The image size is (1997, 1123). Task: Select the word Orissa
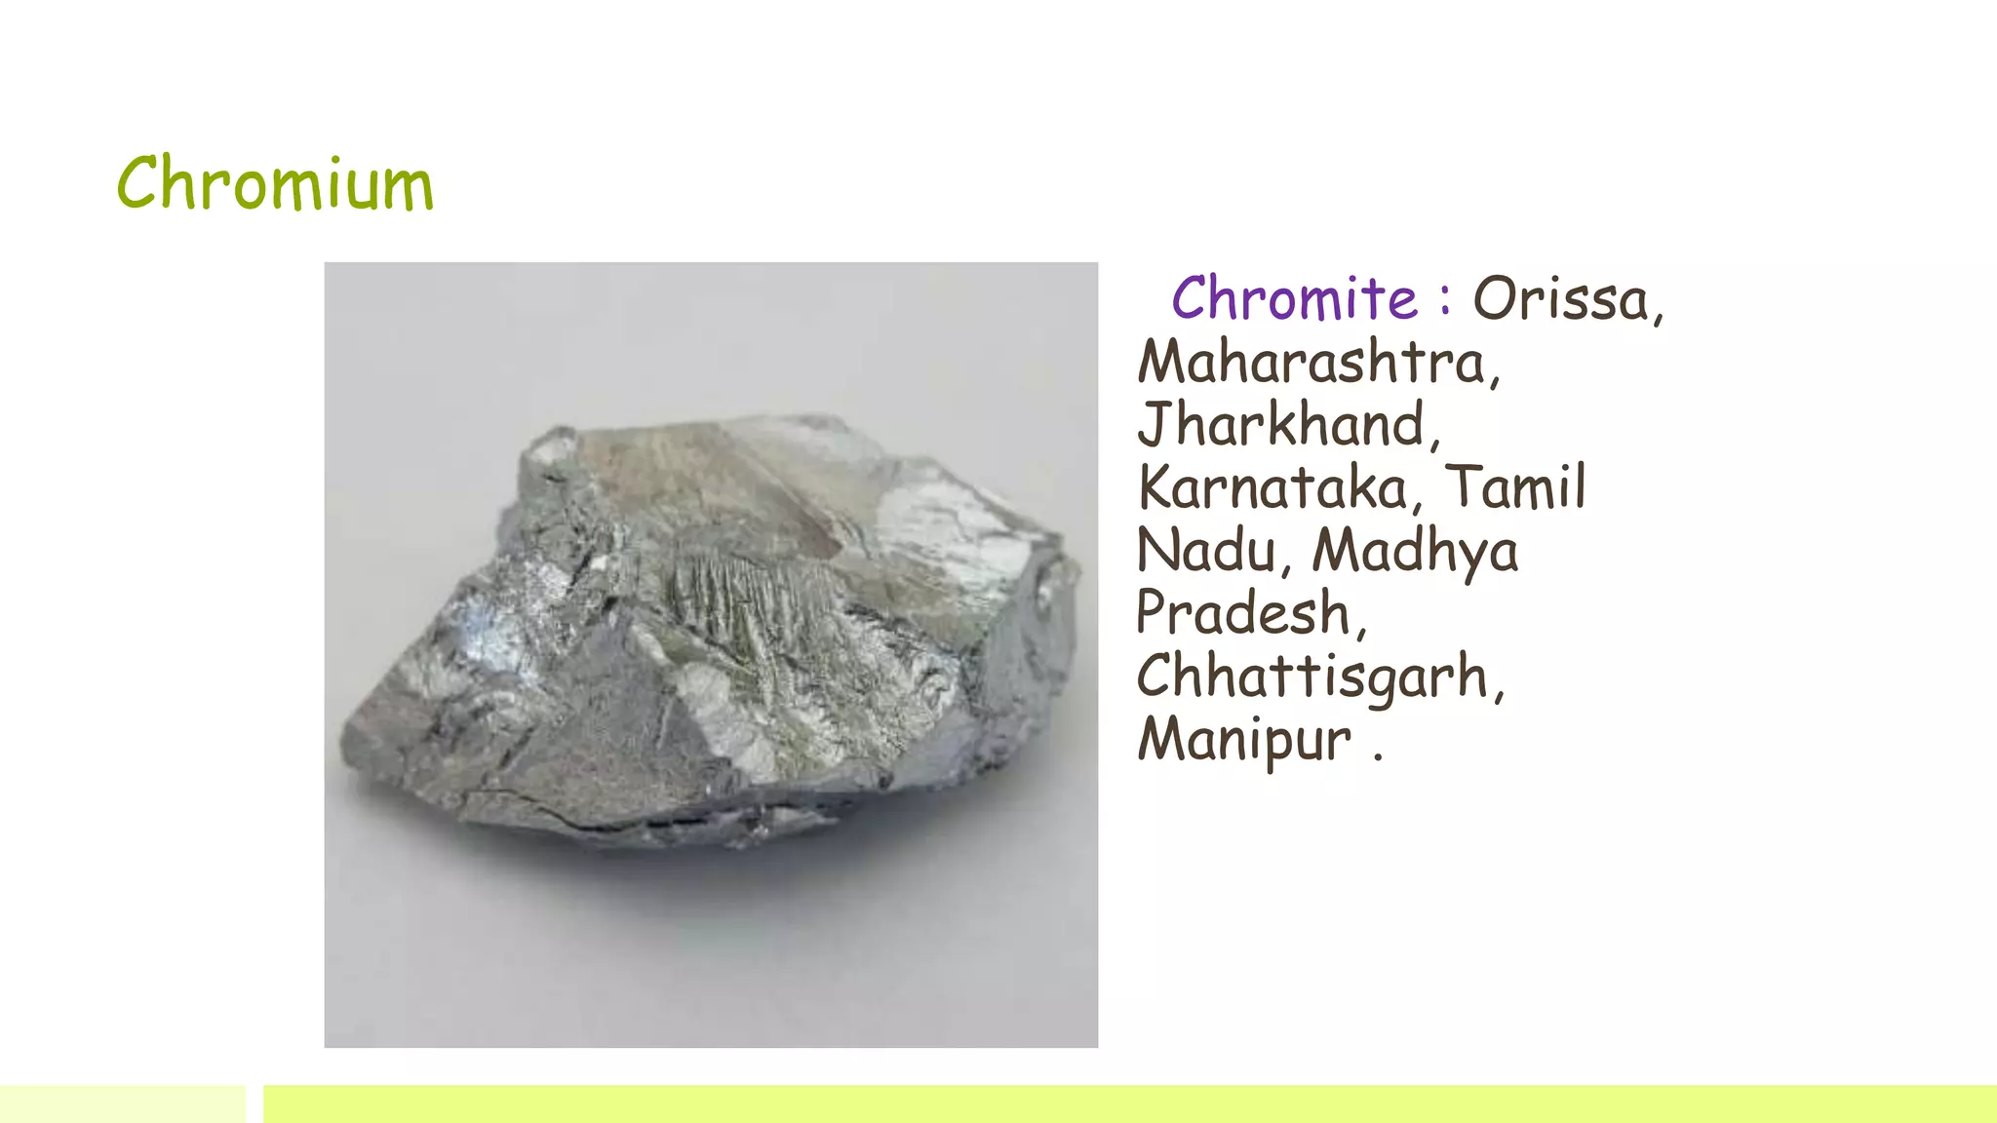[x=1563, y=298]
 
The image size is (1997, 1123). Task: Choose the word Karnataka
[x=1273, y=487]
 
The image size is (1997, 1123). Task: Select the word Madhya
[x=1415, y=552]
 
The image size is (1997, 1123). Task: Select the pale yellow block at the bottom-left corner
[x=123, y=1104]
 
